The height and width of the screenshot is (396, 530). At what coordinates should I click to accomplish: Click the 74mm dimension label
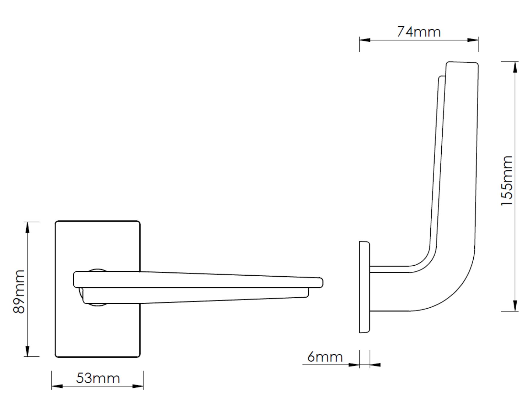click(x=419, y=32)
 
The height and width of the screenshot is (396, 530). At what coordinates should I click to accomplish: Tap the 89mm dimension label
click(x=19, y=291)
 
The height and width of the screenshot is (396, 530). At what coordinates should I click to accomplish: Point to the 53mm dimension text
click(x=98, y=378)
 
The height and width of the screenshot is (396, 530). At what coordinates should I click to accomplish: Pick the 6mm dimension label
click(x=325, y=357)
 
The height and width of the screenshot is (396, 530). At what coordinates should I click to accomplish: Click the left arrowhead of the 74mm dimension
click(x=365, y=40)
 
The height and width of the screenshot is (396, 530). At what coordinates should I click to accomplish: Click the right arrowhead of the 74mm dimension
click(x=473, y=40)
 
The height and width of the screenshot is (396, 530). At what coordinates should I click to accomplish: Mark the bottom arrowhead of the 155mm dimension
click(x=515, y=306)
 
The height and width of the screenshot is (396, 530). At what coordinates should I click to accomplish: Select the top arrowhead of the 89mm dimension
click(x=27, y=228)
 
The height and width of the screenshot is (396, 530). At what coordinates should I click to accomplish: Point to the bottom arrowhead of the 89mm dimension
click(x=27, y=351)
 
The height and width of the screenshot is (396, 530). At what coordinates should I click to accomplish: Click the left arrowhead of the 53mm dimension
click(x=57, y=386)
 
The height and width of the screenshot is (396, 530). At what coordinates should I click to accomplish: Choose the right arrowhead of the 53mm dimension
click(x=138, y=386)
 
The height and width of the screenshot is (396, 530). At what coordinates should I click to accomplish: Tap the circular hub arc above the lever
click(x=97, y=270)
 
